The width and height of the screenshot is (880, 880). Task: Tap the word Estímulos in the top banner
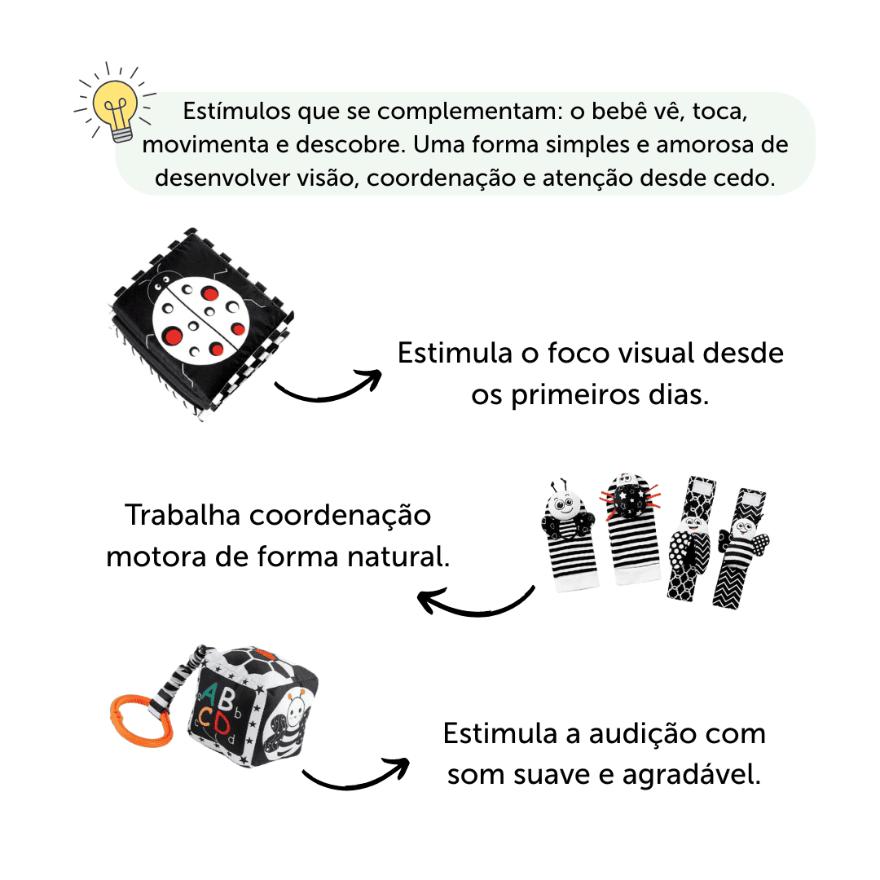[x=237, y=111]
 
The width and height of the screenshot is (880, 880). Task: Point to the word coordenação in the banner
[x=441, y=179]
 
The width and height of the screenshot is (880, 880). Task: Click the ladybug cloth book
[x=201, y=323]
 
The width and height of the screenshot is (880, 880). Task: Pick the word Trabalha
[x=183, y=515]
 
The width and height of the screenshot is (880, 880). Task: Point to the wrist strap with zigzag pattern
[x=740, y=548]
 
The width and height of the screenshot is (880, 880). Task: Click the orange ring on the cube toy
[x=140, y=720]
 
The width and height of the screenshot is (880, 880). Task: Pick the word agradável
[x=692, y=775]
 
